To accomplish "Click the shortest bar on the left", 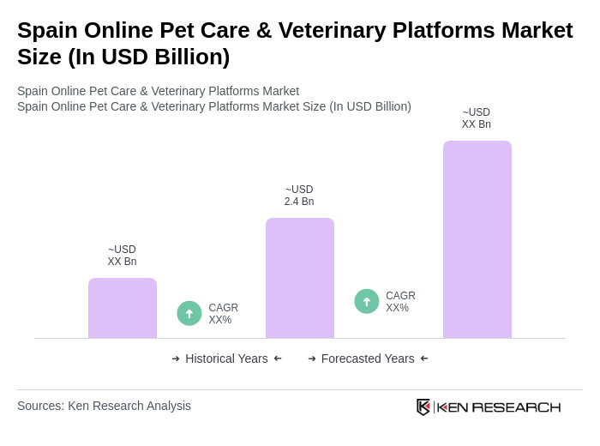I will pos(123,308).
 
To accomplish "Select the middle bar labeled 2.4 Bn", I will pos(300,278).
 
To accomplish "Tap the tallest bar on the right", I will pos(477,239).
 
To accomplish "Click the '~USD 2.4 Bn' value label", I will pos(299,196).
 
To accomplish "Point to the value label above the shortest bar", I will pos(122,256).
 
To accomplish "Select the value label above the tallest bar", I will pos(477,118).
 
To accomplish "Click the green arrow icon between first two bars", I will pos(189,313).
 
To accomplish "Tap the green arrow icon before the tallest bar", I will pos(367,301).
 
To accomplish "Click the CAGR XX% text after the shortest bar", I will pos(223,314).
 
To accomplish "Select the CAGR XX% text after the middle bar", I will pos(400,302).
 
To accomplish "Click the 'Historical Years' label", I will pos(226,359).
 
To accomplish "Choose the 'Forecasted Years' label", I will pos(368,359).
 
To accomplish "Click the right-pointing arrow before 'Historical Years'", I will pos(176,359).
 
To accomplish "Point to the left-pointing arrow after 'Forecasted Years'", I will pos(424,359).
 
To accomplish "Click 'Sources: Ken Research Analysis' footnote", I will pos(104,406).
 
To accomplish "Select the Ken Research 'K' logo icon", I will pos(423,407).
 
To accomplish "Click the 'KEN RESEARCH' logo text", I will pos(499,407).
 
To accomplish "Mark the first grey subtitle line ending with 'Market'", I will pos(158,91).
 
